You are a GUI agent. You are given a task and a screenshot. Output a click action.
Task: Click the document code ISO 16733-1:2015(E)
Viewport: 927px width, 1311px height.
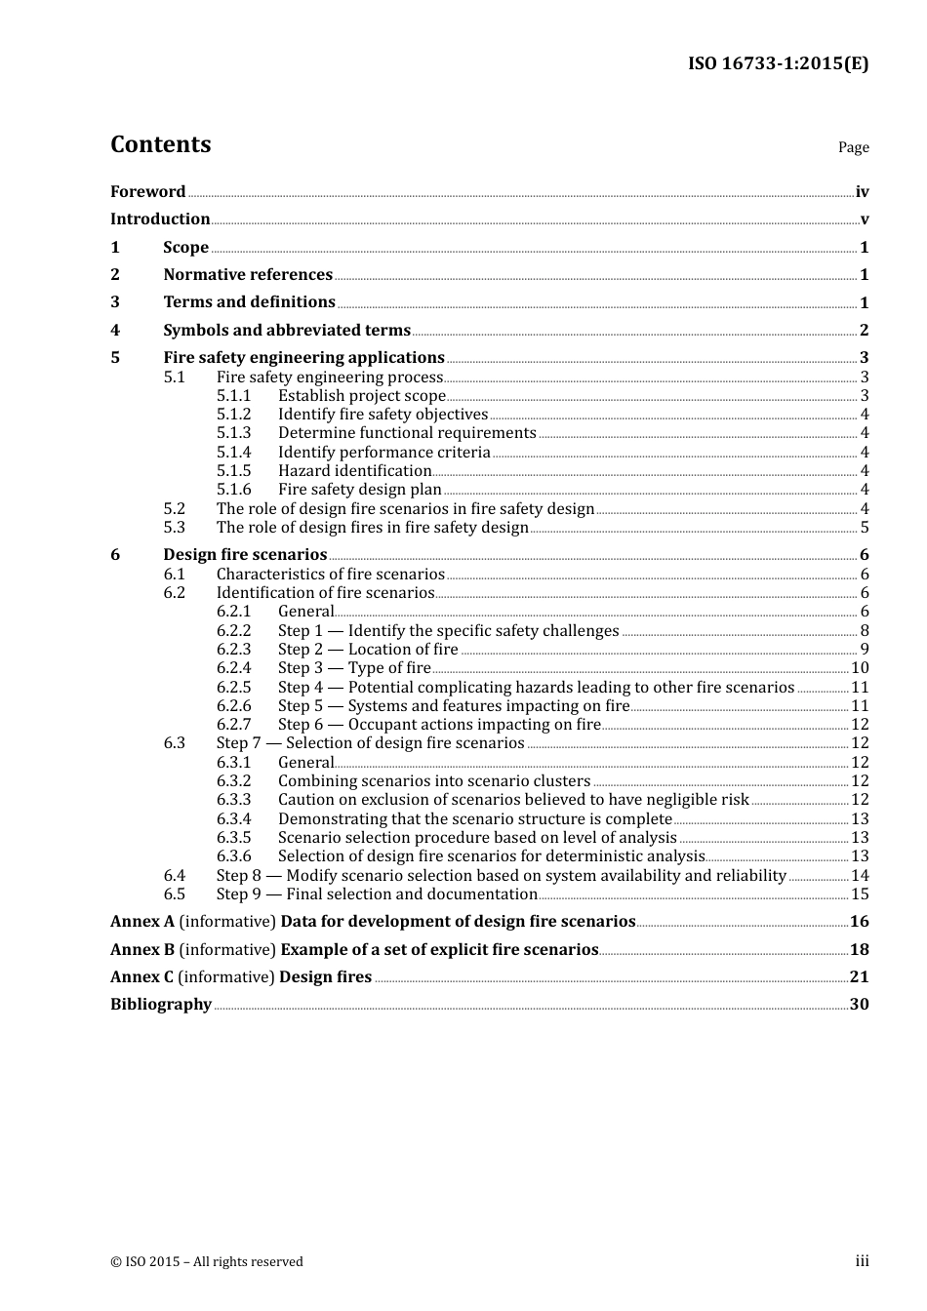[778, 63]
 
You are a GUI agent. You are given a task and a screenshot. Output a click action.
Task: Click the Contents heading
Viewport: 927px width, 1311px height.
[160, 144]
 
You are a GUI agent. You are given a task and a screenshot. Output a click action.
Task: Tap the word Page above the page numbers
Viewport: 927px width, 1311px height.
[853, 147]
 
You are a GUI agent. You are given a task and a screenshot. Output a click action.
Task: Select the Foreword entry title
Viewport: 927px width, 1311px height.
[147, 192]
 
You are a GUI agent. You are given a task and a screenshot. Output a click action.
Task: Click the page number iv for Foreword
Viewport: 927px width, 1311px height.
[862, 192]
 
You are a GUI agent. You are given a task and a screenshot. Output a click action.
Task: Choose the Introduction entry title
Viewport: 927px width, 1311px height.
[160, 219]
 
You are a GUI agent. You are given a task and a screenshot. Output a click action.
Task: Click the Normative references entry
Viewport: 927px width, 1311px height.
[248, 275]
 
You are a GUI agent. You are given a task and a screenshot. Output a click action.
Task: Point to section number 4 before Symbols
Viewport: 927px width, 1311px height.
[115, 331]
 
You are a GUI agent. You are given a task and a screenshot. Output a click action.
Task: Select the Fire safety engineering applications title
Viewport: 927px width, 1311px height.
[303, 358]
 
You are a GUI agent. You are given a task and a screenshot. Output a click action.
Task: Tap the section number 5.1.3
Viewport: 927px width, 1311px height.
[233, 433]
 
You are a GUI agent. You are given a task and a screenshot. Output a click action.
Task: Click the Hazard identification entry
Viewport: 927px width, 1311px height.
[354, 471]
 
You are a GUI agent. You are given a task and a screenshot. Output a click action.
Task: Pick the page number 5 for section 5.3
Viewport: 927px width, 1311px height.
[865, 528]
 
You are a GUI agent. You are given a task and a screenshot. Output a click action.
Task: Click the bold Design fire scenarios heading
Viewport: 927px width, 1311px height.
[245, 555]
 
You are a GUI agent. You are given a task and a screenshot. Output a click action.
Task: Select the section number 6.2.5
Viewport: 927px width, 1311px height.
[233, 688]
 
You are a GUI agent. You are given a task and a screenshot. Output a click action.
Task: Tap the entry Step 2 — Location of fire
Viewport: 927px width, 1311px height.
[368, 650]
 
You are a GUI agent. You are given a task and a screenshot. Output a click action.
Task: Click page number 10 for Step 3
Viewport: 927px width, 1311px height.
[860, 668]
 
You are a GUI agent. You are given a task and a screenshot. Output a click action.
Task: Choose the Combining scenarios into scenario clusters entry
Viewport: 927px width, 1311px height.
[434, 781]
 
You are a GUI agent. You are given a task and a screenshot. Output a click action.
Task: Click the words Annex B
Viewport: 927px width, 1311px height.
[142, 950]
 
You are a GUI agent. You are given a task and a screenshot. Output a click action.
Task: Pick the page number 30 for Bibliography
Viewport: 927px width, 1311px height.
[859, 1005]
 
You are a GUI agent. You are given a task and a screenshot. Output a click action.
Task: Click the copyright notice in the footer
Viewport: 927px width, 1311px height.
[207, 1262]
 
